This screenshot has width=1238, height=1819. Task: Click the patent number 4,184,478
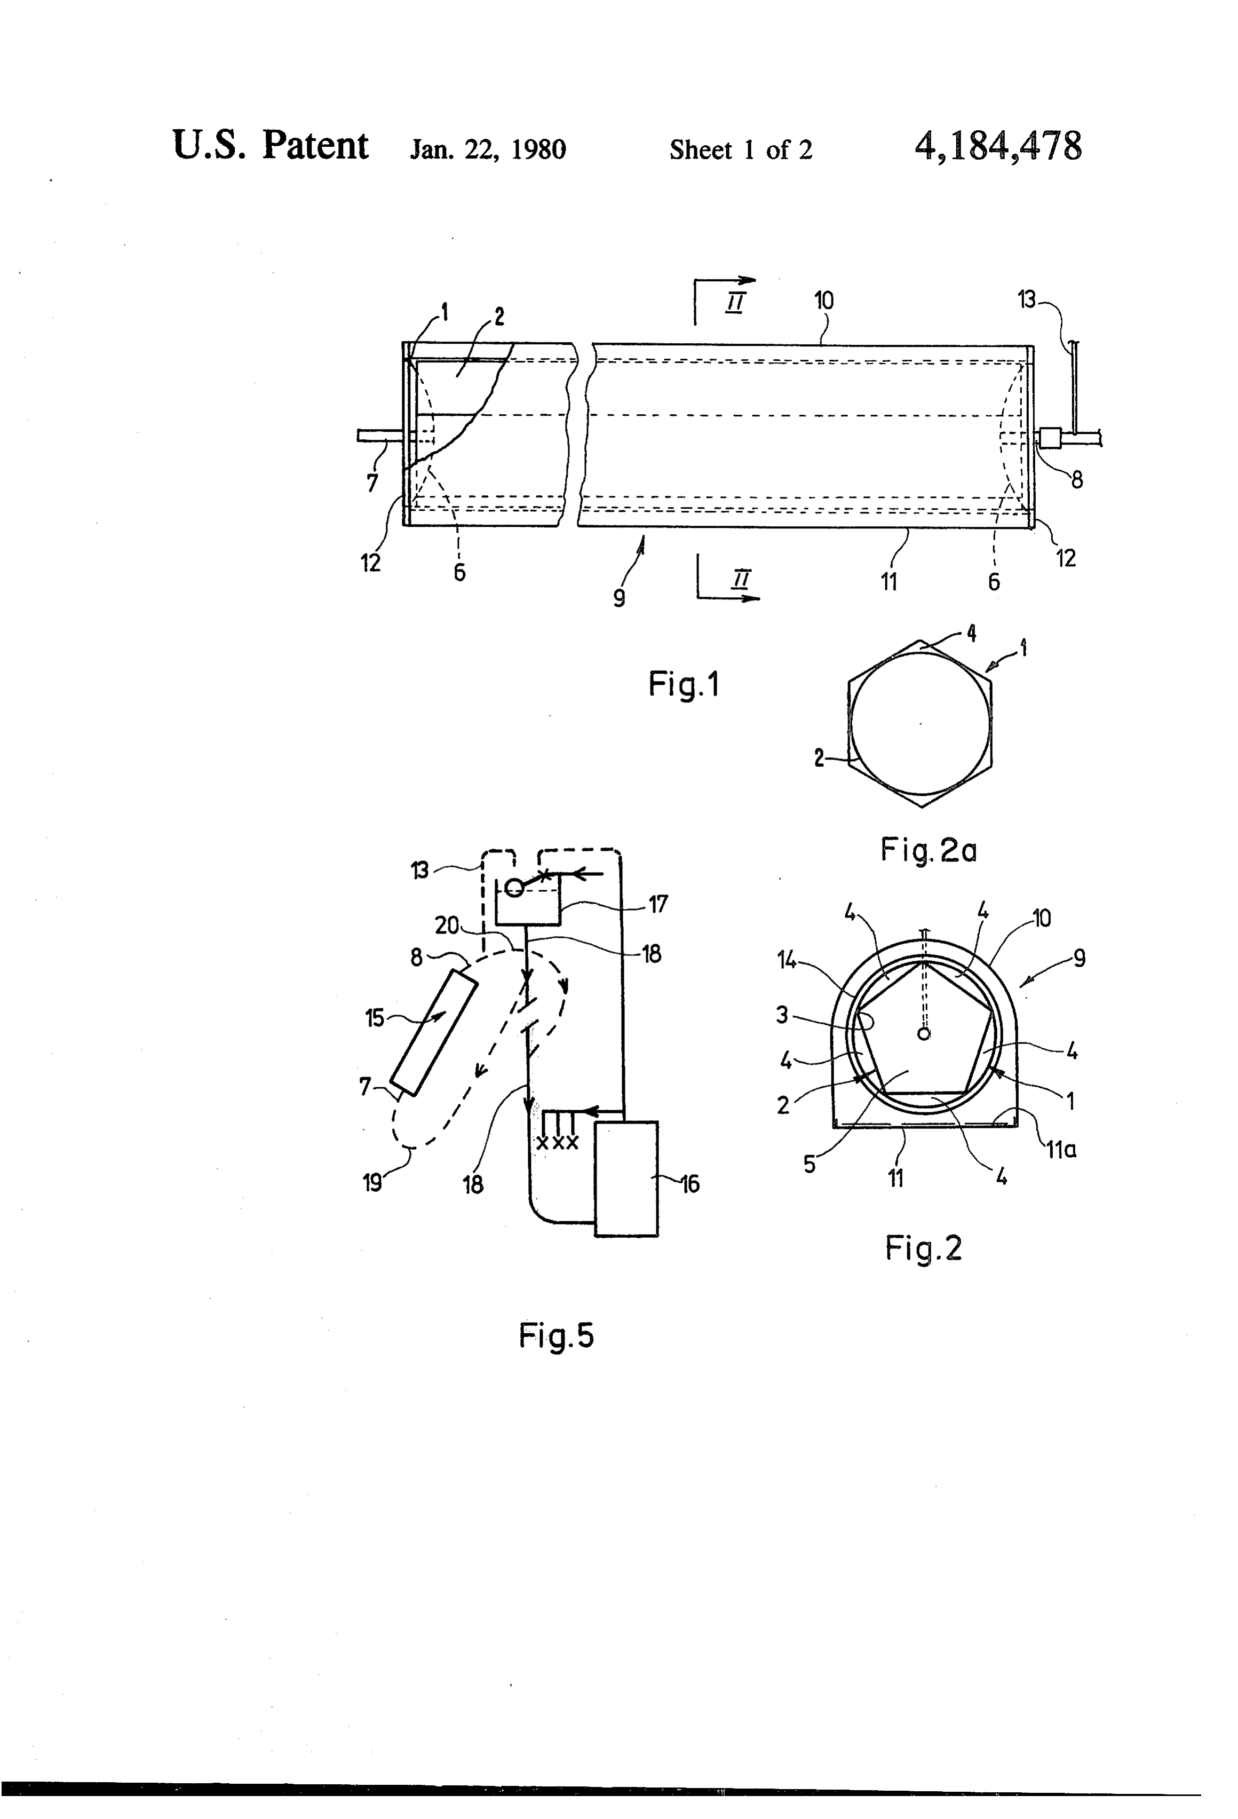[x=998, y=146]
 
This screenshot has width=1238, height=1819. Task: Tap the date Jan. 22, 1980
[x=488, y=149]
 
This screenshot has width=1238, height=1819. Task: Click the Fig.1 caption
[x=683, y=685]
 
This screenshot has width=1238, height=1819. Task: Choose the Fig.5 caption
[x=557, y=1335]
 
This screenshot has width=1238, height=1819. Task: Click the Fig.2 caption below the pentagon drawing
[x=923, y=1248]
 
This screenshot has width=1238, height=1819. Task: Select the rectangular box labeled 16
[x=626, y=1179]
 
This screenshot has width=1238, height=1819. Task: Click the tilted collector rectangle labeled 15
[x=433, y=1032]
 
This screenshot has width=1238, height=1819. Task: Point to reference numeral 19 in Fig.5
[x=372, y=1182]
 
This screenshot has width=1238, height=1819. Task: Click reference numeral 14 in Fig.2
[x=787, y=960]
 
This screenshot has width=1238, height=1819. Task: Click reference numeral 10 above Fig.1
[x=824, y=300]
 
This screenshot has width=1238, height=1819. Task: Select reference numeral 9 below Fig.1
[x=619, y=598]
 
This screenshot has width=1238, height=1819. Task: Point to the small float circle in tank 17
[x=514, y=888]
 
